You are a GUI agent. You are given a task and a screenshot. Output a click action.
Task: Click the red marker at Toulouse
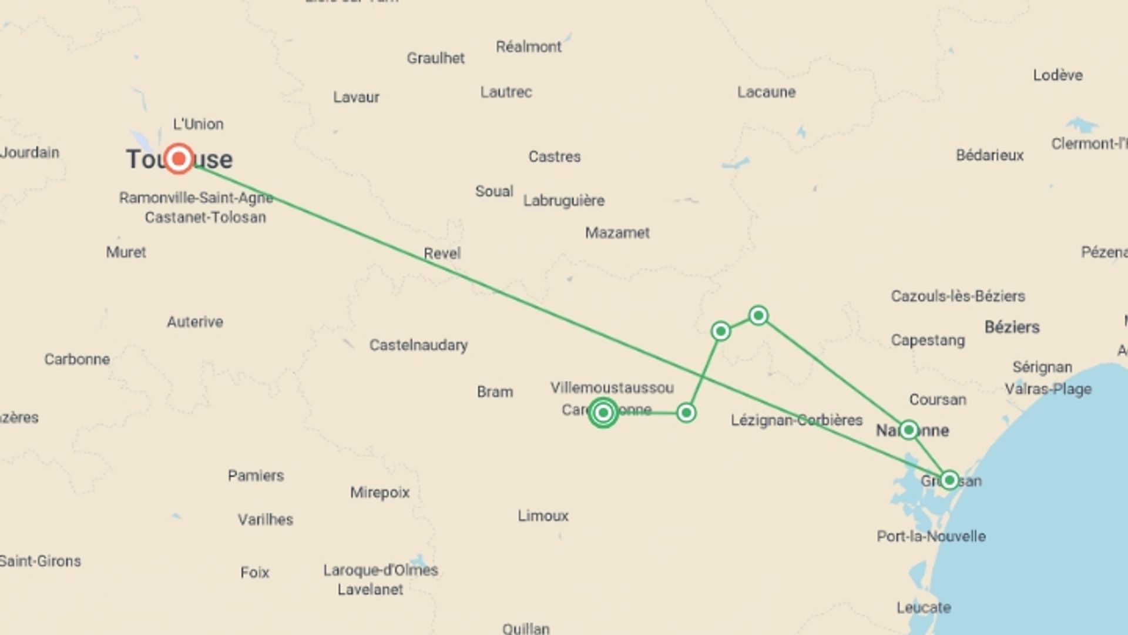click(x=179, y=159)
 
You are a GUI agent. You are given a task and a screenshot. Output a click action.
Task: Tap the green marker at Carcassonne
click(x=603, y=412)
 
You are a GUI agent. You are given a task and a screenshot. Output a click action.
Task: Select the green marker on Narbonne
click(x=909, y=430)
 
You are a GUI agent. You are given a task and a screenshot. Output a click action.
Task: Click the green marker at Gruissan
click(x=949, y=480)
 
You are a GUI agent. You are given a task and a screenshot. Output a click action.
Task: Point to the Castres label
click(x=554, y=156)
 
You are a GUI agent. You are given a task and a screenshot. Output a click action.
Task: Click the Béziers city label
click(x=1012, y=327)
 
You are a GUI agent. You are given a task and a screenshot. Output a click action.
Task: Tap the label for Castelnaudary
click(x=418, y=345)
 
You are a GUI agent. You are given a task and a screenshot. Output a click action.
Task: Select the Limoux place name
click(x=543, y=516)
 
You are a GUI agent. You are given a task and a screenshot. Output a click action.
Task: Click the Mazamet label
click(x=617, y=233)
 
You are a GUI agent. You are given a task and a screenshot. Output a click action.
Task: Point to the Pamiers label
click(x=256, y=475)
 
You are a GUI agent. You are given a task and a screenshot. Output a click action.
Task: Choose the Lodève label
click(x=1057, y=75)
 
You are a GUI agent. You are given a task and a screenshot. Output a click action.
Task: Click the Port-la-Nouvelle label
click(x=931, y=536)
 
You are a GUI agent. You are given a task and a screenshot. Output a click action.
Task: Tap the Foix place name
click(x=254, y=572)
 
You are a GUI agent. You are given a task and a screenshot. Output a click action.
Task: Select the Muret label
click(x=126, y=252)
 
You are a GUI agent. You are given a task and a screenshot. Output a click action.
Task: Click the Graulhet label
click(x=435, y=58)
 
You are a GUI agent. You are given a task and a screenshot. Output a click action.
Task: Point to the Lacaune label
click(x=766, y=92)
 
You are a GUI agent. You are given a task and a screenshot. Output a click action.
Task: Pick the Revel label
click(x=442, y=253)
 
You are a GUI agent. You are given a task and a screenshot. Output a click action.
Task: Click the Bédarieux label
click(x=989, y=155)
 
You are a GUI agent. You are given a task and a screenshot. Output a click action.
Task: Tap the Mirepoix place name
click(x=380, y=492)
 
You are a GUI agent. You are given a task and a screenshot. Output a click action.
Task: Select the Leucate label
click(x=924, y=607)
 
